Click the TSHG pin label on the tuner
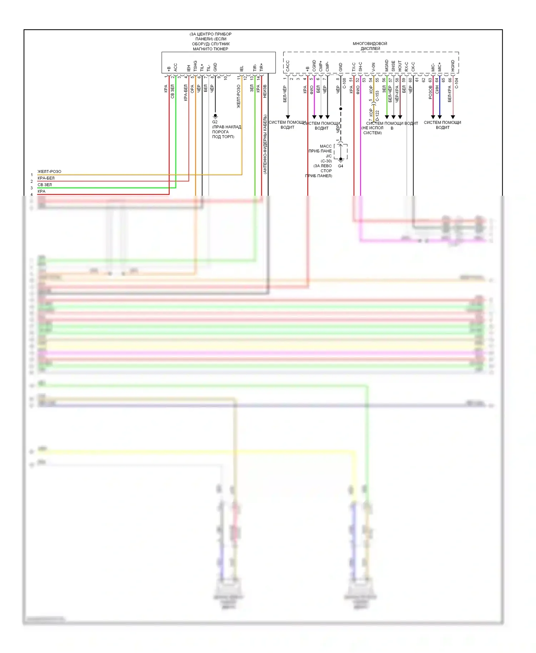coord(195,66)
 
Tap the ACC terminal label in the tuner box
coord(175,67)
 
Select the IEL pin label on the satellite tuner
coord(242,68)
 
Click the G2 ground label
coord(215,122)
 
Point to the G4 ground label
coord(341,166)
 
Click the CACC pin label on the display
coord(288,66)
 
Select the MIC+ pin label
coord(440,66)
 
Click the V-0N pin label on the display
coord(373,67)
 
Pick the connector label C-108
coord(344,84)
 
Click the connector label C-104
coord(456,84)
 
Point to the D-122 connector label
coord(377,115)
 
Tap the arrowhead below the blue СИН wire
coord(440,117)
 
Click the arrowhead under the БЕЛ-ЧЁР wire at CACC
coord(288,117)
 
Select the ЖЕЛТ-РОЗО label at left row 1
coord(49,171)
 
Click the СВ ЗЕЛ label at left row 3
coord(45,185)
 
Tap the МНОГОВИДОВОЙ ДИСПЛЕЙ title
coord(370,46)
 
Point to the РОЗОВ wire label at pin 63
coord(430,92)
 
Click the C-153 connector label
coord(377,95)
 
